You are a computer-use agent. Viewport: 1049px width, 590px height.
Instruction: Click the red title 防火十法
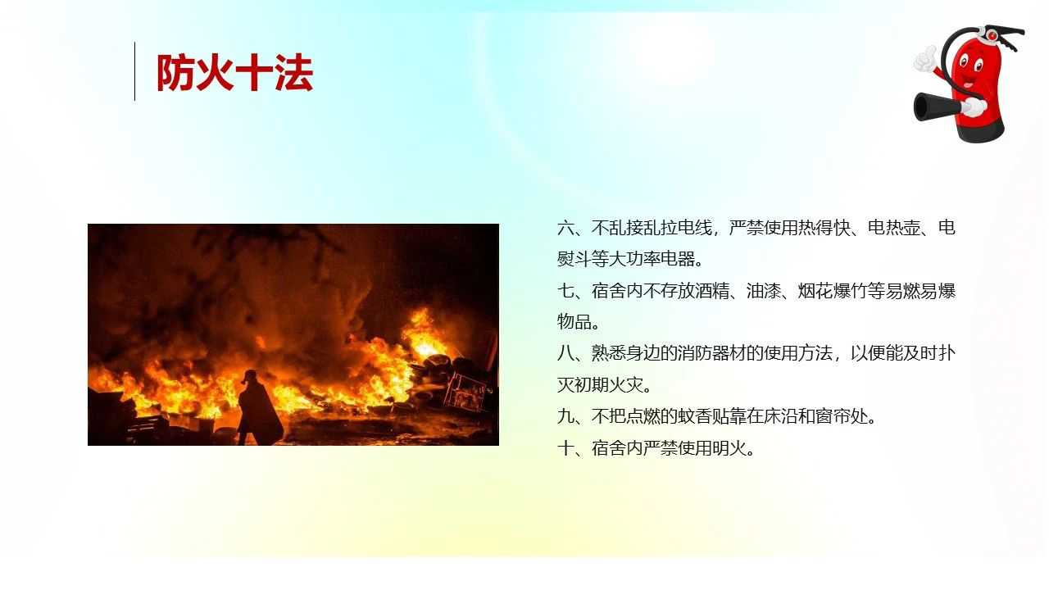tap(234, 72)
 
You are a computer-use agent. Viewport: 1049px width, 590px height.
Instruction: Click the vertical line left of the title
tap(135, 71)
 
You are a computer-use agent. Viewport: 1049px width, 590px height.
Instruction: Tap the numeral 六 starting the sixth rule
tap(565, 228)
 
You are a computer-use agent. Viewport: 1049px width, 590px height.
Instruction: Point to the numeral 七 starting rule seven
tap(565, 291)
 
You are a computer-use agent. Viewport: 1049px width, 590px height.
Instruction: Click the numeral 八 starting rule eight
tap(565, 353)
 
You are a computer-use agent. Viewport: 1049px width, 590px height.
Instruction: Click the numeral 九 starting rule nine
tap(565, 416)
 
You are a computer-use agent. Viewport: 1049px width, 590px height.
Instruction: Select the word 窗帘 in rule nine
tap(832, 416)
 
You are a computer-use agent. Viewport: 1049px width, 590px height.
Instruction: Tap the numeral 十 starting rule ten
tap(565, 448)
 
